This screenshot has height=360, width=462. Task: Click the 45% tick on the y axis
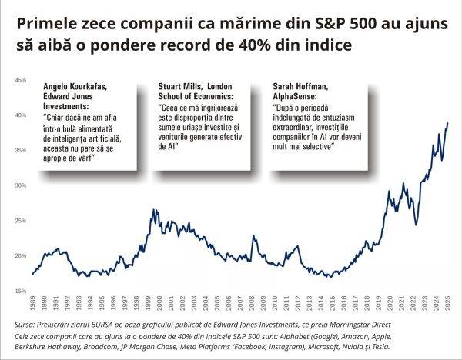(x=21, y=79)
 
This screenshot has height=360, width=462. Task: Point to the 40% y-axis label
(x=21, y=115)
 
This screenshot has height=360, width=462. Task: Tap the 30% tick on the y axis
(x=21, y=185)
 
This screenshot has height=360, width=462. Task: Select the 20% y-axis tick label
(x=21, y=256)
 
